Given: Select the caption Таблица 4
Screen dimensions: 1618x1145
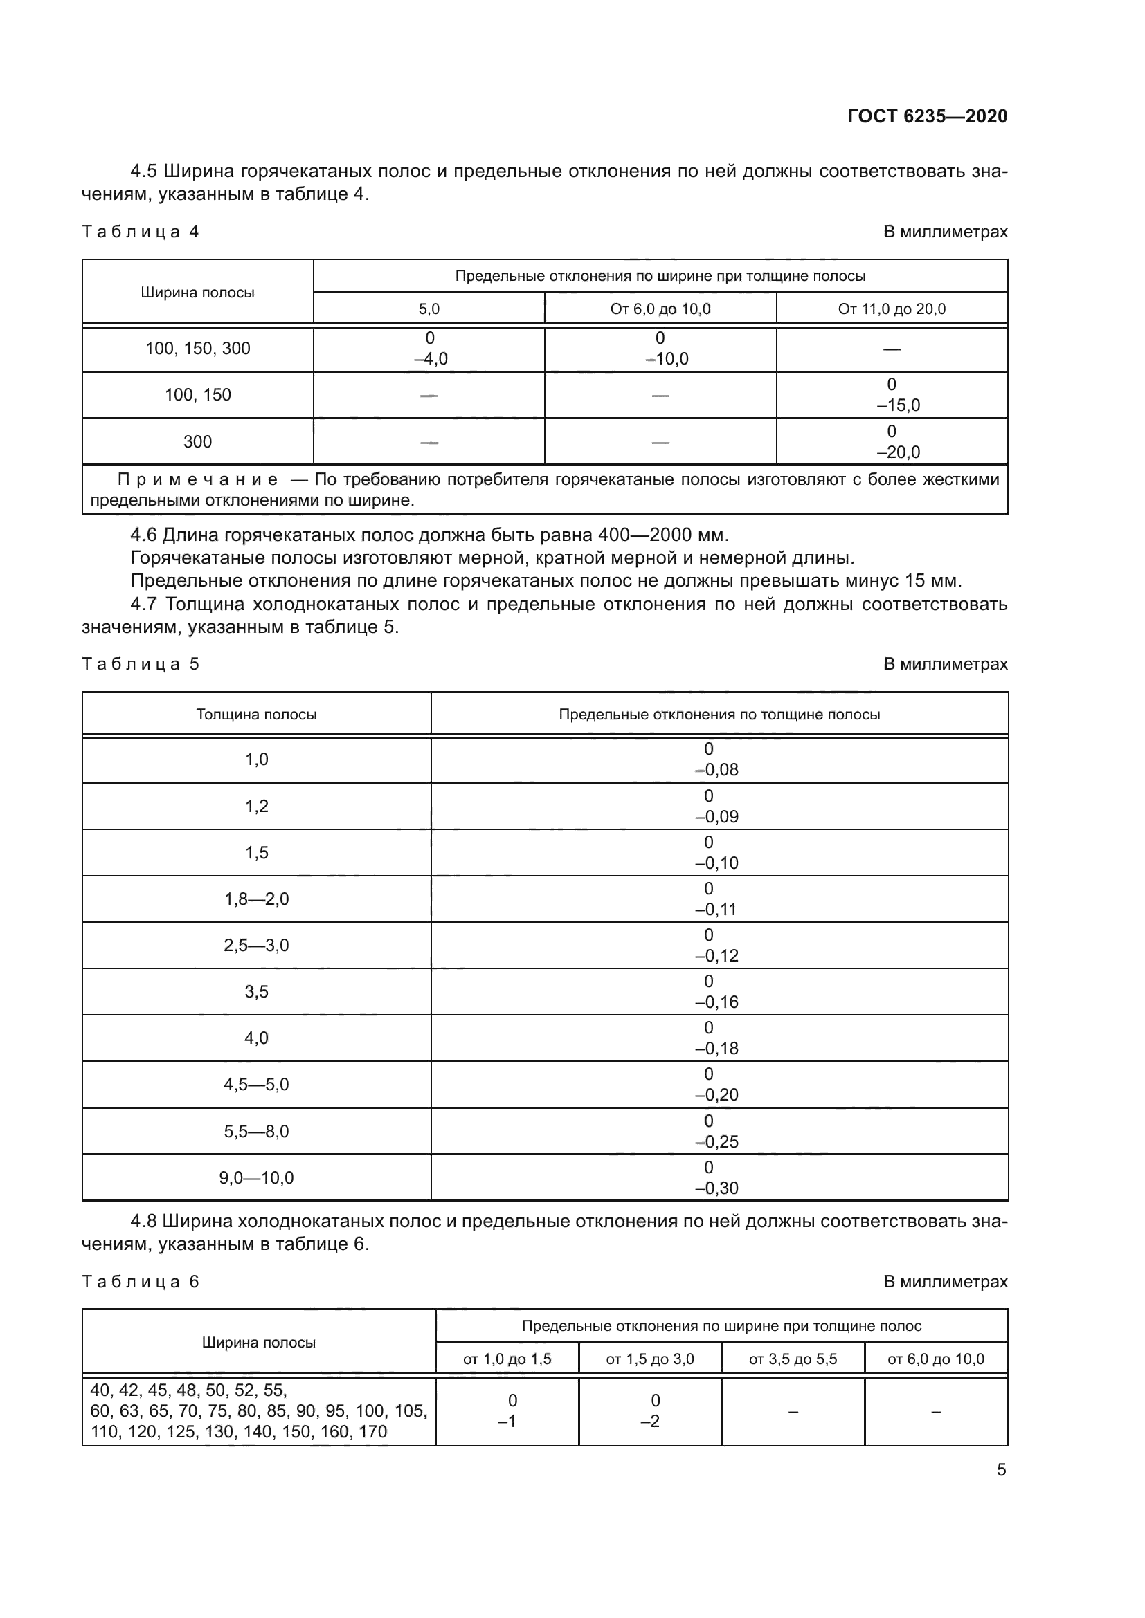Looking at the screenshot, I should pos(141,232).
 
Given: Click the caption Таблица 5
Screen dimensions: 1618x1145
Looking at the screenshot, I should pos(141,664).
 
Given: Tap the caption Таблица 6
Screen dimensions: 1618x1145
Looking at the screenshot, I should pos(141,1281).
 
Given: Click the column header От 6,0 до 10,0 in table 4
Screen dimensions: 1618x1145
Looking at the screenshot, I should pos(660,309).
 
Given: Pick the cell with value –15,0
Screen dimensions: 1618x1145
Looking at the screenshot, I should pos(898,405).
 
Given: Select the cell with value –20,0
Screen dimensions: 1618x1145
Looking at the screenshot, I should pos(898,452).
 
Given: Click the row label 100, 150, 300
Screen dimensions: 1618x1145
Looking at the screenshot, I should pos(197,349).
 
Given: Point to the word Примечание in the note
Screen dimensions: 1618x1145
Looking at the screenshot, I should pos(197,480).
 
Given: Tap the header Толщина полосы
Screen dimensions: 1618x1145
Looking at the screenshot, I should pos(256,715).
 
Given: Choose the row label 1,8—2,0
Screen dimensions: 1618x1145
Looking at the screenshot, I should pos(256,899).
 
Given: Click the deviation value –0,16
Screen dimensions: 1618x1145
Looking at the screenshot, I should pos(716,1002).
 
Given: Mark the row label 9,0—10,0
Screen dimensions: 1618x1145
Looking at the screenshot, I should pos(256,1177).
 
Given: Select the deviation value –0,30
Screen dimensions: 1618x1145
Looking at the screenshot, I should pos(716,1188).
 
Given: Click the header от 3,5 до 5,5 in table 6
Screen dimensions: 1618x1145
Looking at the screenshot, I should pos(793,1359).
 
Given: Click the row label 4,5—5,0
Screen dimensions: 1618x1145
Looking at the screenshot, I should pos(256,1085).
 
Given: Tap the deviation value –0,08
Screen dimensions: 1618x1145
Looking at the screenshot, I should pos(716,769).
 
